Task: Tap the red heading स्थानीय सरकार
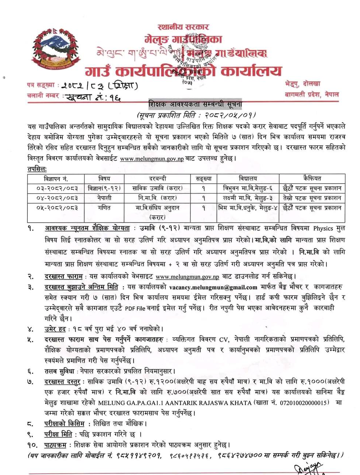point(183,27)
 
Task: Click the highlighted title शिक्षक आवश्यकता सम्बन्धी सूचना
point(195,105)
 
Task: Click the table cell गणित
point(104,208)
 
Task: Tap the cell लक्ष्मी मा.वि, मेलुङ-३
point(248,198)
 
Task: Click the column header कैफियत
point(312,179)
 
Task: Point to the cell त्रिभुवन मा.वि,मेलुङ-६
point(248,188)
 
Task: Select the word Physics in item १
point(323,228)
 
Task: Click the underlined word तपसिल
point(37,169)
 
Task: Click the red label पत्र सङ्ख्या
point(41,85)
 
